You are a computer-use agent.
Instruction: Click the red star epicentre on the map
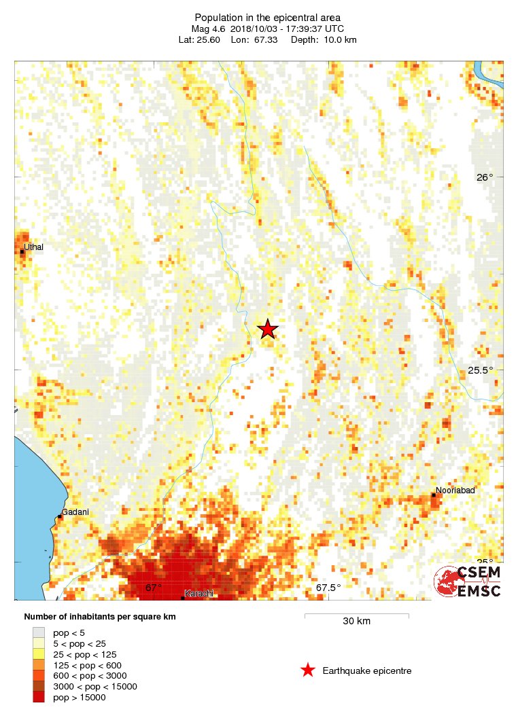(268, 329)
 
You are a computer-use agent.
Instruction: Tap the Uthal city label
(33, 247)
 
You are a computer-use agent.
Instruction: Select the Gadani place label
(75, 512)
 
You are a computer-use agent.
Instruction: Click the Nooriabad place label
(455, 490)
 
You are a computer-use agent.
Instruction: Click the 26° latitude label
(484, 177)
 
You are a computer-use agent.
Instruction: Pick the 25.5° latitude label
(481, 370)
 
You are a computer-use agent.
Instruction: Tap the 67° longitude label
(154, 588)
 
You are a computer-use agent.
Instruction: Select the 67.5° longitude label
(328, 588)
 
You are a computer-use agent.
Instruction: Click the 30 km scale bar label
(356, 621)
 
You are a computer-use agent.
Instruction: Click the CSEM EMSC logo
(468, 581)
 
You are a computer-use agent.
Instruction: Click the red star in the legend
(308, 671)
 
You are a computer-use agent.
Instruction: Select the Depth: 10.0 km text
(324, 39)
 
